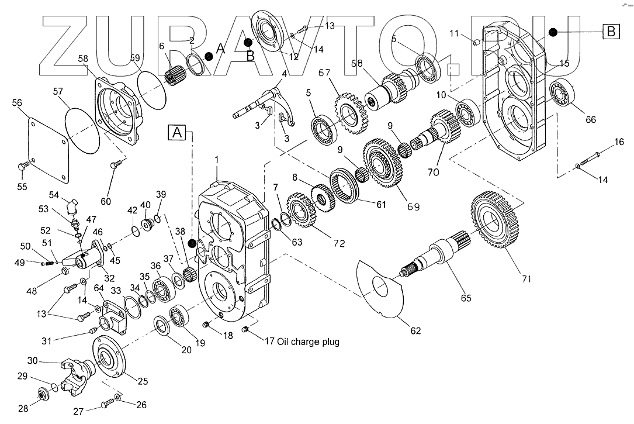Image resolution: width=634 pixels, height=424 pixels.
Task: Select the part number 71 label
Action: click(526, 279)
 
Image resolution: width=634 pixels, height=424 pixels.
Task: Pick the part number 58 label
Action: click(82, 58)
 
